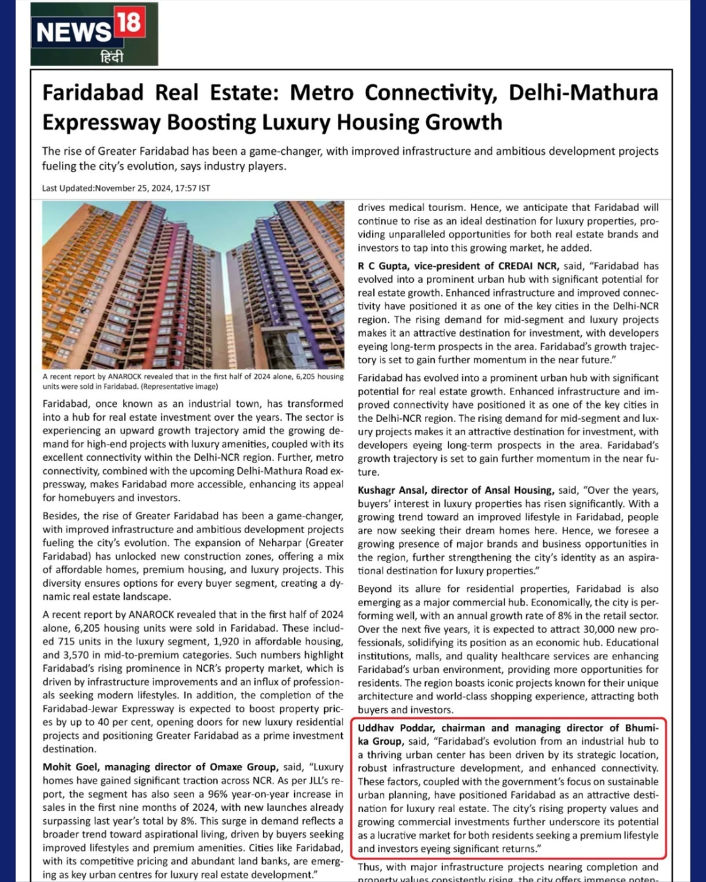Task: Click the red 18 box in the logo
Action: click(129, 23)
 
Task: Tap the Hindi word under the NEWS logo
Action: click(111, 57)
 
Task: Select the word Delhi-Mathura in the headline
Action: click(583, 93)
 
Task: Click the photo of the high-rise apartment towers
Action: click(193, 285)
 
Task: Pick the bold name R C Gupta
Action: click(383, 266)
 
